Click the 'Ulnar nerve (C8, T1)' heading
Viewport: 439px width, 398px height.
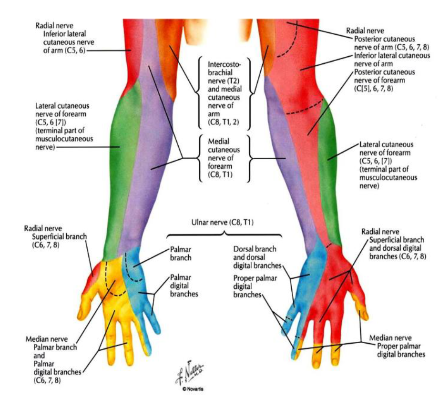(x=222, y=223)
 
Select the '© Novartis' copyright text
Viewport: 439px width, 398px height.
(x=193, y=389)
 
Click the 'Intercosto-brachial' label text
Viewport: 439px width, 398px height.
(x=224, y=69)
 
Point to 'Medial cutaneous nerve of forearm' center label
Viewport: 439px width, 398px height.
(x=224, y=158)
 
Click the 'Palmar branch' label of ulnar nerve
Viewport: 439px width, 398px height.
(x=181, y=254)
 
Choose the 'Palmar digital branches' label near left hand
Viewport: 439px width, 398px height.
(x=184, y=286)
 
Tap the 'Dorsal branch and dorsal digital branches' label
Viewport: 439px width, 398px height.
(x=257, y=257)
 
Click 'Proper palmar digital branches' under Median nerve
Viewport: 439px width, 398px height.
(x=401, y=350)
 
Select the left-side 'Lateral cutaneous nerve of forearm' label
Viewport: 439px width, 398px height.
(x=64, y=126)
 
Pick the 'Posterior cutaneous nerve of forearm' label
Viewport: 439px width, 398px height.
(x=384, y=81)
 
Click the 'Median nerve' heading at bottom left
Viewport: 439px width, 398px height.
(x=47, y=339)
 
